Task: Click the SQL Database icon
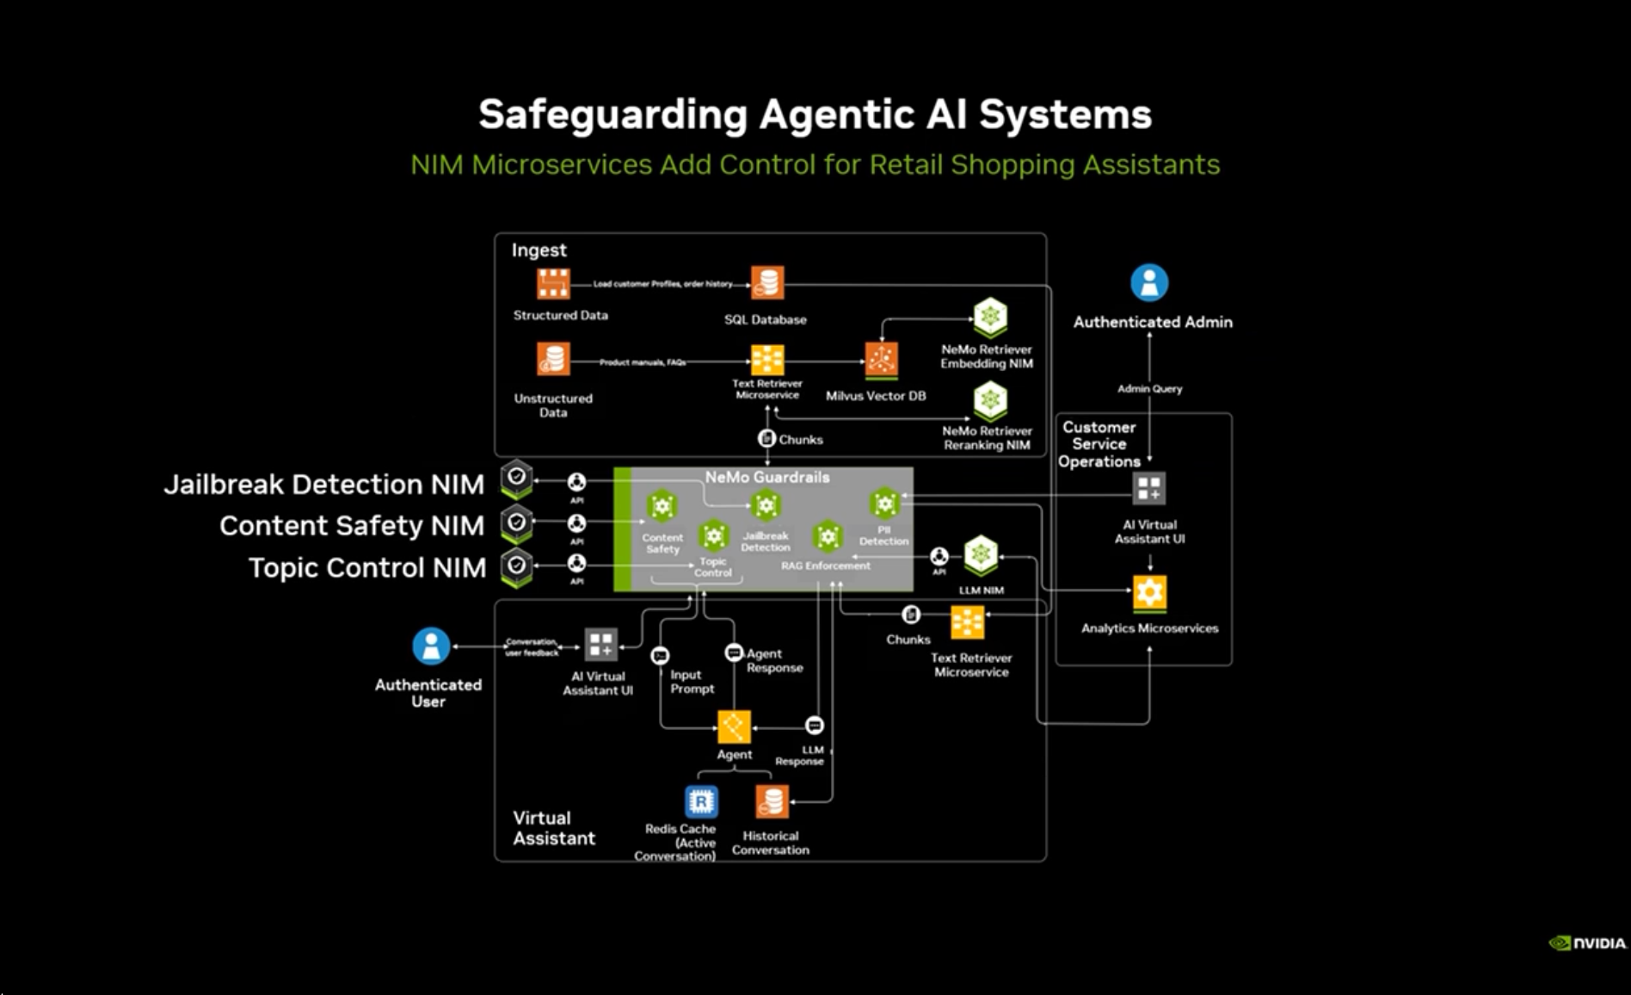pos(767,282)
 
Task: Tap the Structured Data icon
pos(553,283)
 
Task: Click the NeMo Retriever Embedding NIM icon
pos(990,317)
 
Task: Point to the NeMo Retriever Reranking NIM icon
pos(990,400)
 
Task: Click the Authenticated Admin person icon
pos(1149,282)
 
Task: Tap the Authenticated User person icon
pos(431,646)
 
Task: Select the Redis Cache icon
pos(701,801)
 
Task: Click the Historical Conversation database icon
pos(772,801)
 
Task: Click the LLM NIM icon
pos(981,555)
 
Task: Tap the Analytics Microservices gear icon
pos(1149,593)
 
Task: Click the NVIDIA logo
pos(1587,943)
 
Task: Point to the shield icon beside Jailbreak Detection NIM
pos(517,479)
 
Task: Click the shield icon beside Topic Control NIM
pos(517,567)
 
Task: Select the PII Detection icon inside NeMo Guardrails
pos(884,504)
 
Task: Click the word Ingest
pos(539,250)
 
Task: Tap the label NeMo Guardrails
pos(767,477)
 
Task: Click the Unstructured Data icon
pos(553,359)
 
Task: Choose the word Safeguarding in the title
pos(612,114)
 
